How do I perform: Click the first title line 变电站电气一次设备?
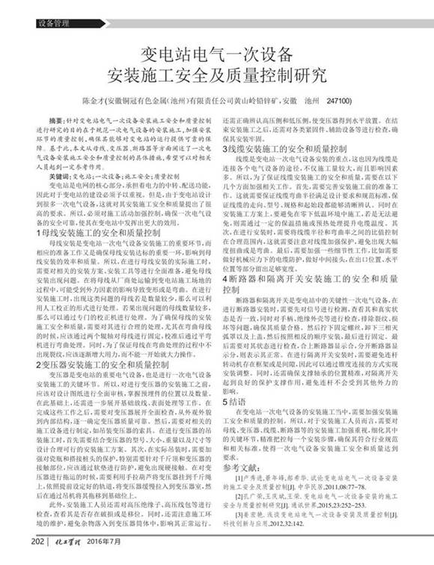click(x=217, y=55)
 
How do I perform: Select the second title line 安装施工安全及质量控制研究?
click(x=217, y=76)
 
